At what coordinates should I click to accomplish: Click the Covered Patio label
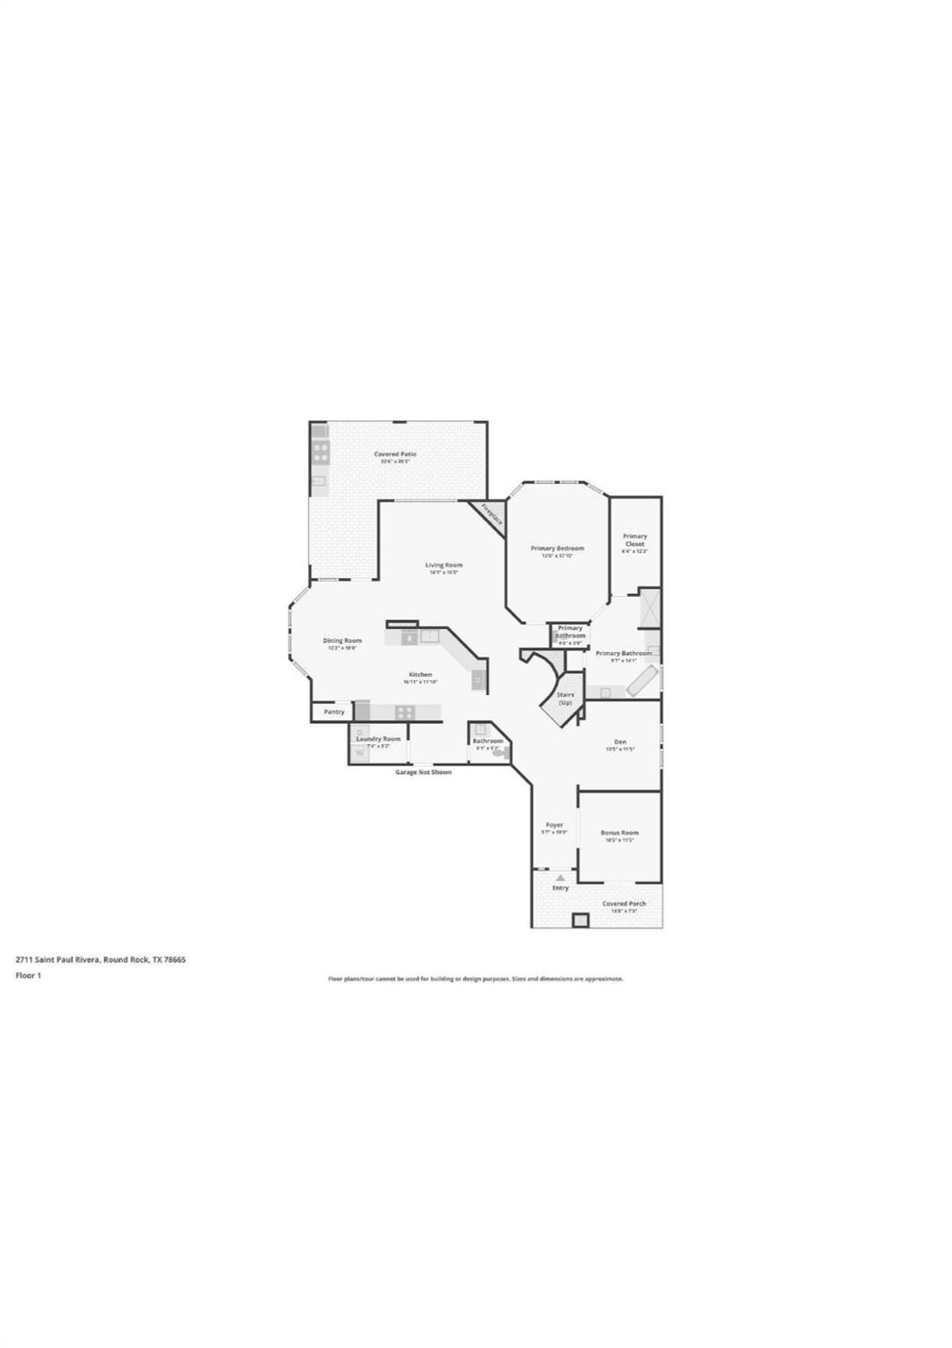click(x=395, y=455)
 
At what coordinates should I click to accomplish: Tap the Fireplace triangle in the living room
click(x=490, y=513)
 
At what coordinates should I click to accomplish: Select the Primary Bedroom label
click(x=557, y=549)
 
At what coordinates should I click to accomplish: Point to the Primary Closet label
click(x=634, y=540)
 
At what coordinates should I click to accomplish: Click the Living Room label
click(x=444, y=565)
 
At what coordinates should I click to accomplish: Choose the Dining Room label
click(x=342, y=641)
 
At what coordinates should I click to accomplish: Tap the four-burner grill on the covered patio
click(x=320, y=453)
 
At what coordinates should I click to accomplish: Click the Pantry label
click(x=334, y=712)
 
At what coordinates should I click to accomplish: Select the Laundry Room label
click(x=378, y=739)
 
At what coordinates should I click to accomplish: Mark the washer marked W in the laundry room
click(x=360, y=753)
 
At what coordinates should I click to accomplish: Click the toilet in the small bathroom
click(x=498, y=753)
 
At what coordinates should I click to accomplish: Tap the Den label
click(x=620, y=742)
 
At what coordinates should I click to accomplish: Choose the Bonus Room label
click(x=619, y=833)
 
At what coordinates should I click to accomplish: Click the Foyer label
click(x=555, y=825)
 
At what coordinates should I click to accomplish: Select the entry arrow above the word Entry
click(x=561, y=877)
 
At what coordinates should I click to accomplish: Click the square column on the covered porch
click(x=580, y=920)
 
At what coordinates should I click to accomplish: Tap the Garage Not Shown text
click(x=424, y=772)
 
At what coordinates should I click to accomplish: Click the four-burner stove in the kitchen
click(x=404, y=712)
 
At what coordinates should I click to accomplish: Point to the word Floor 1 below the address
click(x=29, y=975)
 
